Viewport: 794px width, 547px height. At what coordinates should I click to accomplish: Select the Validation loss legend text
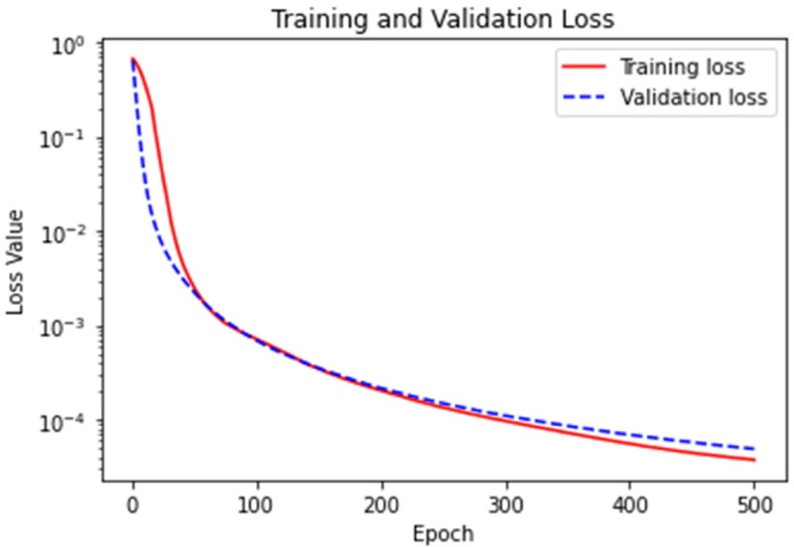click(694, 98)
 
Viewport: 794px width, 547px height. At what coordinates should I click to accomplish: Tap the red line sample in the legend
click(583, 68)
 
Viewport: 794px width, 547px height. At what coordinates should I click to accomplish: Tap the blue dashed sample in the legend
click(583, 98)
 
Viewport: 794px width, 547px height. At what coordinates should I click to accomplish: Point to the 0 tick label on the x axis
click(132, 505)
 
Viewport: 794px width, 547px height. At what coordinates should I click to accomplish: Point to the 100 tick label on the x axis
click(257, 505)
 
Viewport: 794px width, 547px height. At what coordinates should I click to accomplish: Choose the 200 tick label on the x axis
click(381, 505)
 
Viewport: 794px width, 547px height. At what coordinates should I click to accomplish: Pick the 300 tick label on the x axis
click(506, 505)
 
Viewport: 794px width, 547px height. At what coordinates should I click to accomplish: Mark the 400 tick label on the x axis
click(630, 505)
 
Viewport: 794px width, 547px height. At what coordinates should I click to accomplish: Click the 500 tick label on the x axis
click(755, 505)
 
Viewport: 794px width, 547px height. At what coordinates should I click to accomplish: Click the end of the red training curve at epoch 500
click(754, 460)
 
